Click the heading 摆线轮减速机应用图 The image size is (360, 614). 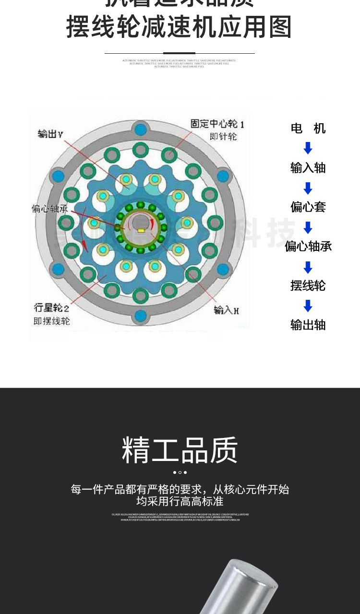[179, 27]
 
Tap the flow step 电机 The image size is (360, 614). [308, 129]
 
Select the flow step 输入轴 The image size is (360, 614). [308, 168]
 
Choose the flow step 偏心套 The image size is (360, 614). [308, 207]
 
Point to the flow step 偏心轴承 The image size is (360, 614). [308, 247]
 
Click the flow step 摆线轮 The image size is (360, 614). [308, 286]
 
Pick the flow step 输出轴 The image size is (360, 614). [308, 325]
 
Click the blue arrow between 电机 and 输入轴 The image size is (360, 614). [308, 148]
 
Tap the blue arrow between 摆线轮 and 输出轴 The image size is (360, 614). [308, 306]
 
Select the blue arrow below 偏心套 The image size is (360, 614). [308, 227]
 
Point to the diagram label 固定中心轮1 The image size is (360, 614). [217, 125]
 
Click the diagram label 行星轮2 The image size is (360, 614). [51, 307]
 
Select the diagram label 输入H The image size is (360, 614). [226, 310]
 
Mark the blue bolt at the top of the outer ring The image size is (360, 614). [141, 129]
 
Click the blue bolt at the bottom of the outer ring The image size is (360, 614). [141, 315]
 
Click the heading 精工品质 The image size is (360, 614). [180, 450]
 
